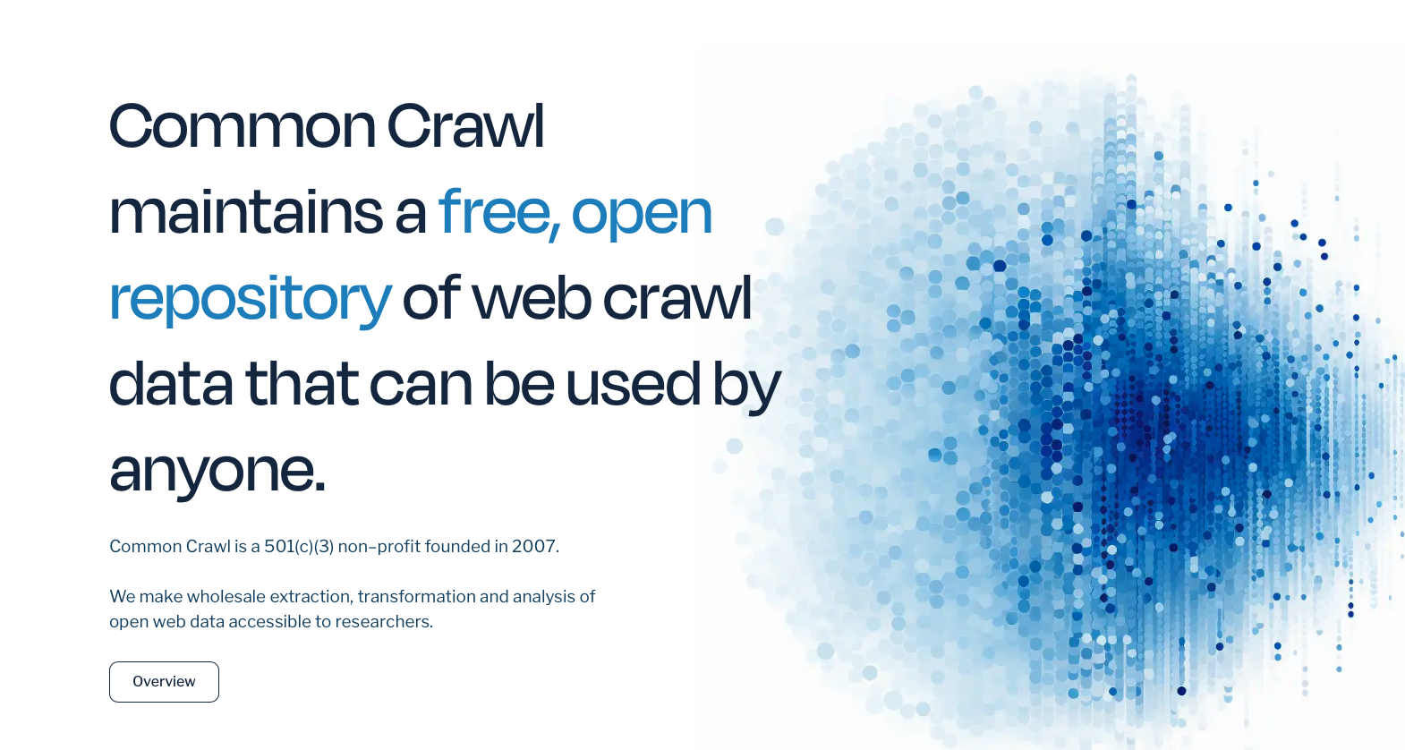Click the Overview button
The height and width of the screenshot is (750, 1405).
click(164, 682)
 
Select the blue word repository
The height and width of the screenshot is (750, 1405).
click(251, 301)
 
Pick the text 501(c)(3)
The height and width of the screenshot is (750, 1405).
click(299, 546)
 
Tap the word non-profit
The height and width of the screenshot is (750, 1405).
click(379, 546)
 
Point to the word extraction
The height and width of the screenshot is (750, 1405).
click(311, 596)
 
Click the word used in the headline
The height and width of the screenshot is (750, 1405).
click(633, 384)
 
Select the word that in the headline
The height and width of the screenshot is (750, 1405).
click(301, 384)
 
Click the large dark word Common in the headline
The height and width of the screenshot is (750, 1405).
click(243, 126)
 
